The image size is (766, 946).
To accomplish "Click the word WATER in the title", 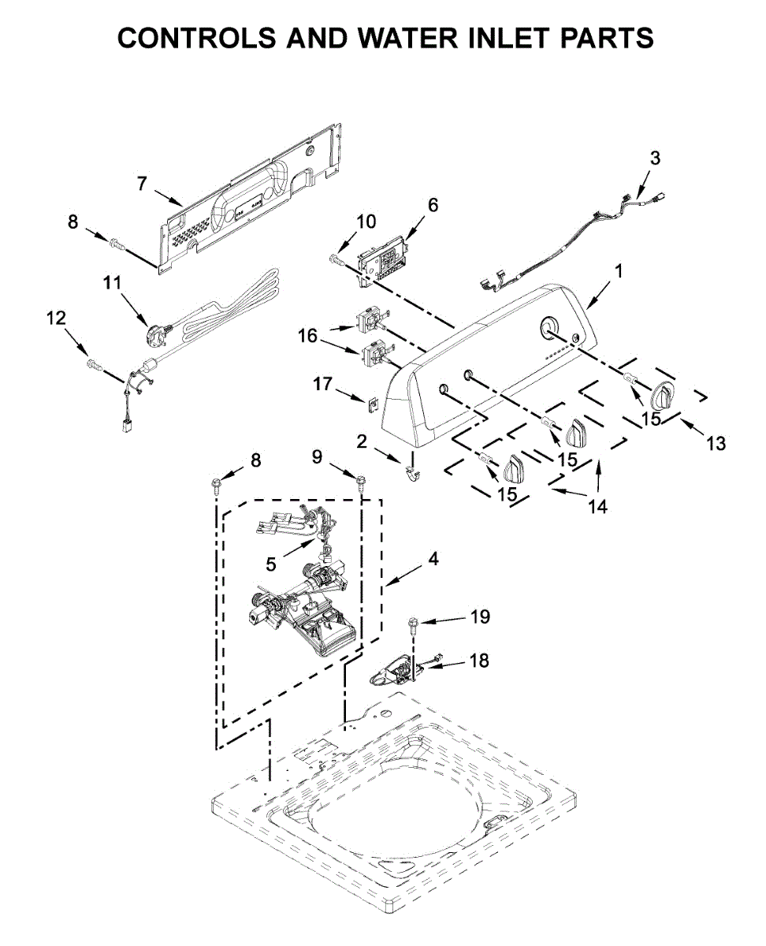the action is (x=408, y=37).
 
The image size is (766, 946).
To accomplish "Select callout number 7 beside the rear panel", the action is (x=142, y=183).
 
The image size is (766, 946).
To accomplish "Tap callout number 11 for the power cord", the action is (x=112, y=282).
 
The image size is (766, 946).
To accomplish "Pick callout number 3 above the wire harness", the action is (x=655, y=158).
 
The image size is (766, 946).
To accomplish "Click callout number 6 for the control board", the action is (x=433, y=205).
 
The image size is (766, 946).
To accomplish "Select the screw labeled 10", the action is (x=338, y=259).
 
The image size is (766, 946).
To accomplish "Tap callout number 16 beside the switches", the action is (x=307, y=336).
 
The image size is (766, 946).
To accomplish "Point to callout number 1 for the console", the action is (x=619, y=271).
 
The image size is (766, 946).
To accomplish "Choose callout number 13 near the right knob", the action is (x=716, y=443).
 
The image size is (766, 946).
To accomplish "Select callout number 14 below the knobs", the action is (x=597, y=505).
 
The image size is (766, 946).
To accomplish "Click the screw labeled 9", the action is (x=361, y=482).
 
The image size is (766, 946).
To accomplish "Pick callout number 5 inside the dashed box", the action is (x=271, y=564).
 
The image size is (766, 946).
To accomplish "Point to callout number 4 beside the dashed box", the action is (x=433, y=559).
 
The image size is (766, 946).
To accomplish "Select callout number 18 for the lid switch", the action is (x=480, y=660).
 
